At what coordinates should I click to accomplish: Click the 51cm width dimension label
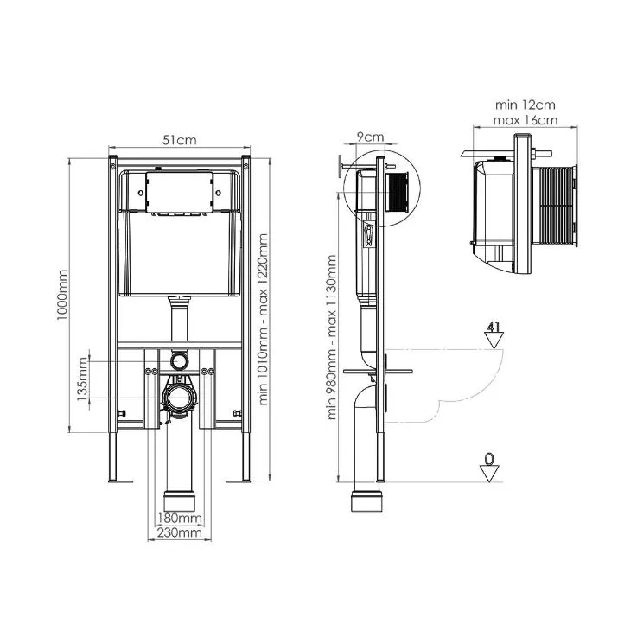[179, 140]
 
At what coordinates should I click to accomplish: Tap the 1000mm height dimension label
[62, 295]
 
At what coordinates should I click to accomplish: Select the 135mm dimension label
[82, 379]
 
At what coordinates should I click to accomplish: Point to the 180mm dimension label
[180, 518]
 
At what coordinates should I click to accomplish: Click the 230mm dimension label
[180, 532]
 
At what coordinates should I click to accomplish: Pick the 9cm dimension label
[370, 137]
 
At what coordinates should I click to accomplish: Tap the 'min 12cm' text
[525, 105]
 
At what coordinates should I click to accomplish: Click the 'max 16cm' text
[525, 121]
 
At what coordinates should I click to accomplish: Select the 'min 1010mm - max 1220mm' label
[263, 319]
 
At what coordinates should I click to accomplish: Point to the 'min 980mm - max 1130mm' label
[332, 337]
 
